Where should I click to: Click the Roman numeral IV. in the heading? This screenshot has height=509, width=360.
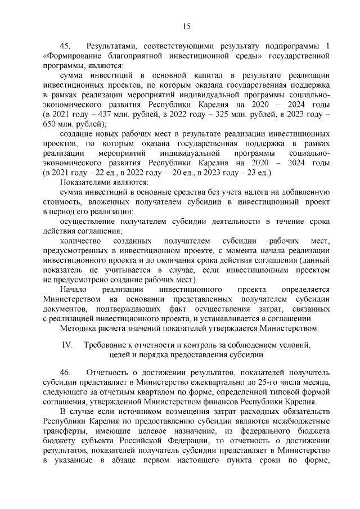[x=67, y=344]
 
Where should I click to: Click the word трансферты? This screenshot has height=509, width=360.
[x=66, y=429]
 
